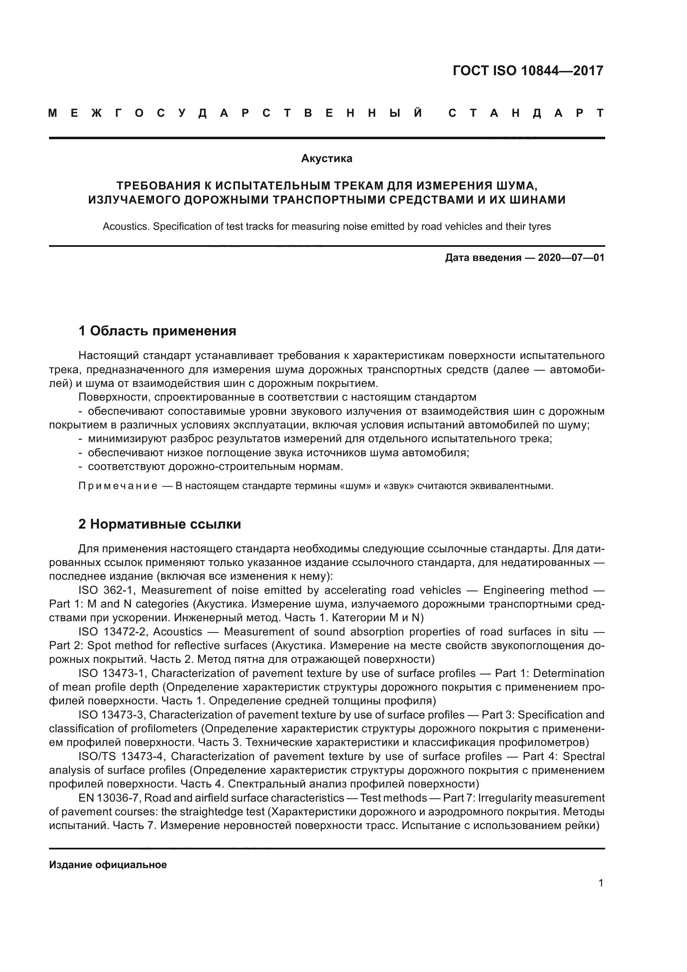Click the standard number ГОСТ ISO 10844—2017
(x=528, y=71)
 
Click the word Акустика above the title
(x=326, y=159)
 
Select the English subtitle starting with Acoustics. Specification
(x=326, y=226)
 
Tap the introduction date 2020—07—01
(x=571, y=258)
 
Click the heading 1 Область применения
(x=157, y=331)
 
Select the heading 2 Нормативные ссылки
(x=159, y=524)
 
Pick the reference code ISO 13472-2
(x=112, y=632)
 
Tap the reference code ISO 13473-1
(x=112, y=673)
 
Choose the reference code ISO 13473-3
(x=112, y=715)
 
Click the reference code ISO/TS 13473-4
(x=120, y=756)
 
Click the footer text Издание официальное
(x=108, y=864)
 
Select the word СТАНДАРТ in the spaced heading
(x=526, y=113)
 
